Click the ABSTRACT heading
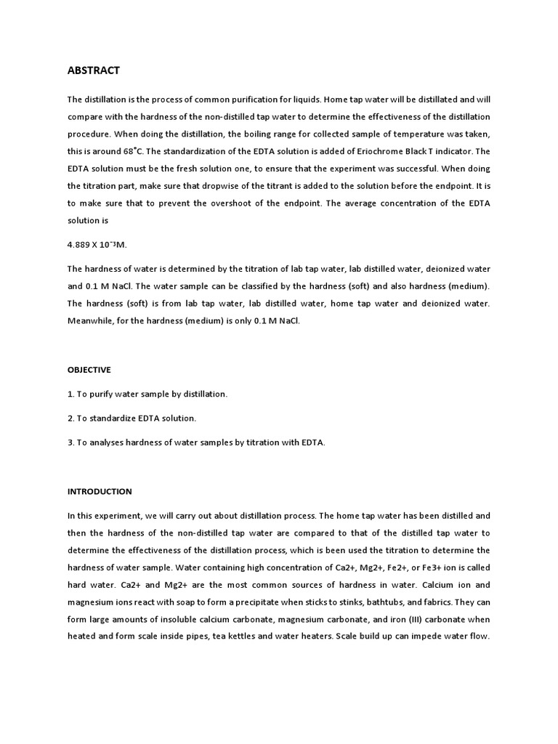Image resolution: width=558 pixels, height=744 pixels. [x=93, y=70]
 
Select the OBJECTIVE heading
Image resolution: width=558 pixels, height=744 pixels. [x=89, y=370]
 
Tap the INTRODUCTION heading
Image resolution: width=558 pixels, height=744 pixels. [x=100, y=492]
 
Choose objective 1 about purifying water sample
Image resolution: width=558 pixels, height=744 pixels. [x=147, y=394]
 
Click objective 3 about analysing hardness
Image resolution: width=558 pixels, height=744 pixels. [x=196, y=442]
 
